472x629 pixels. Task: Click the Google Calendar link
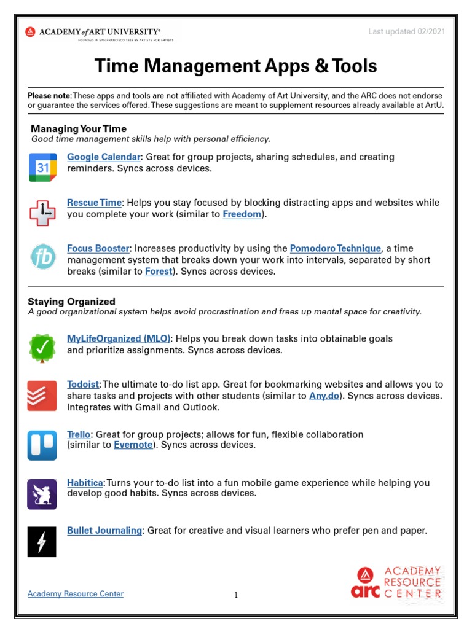tap(104, 157)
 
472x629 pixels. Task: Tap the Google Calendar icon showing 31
tap(42, 168)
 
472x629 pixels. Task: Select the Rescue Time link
tap(95, 203)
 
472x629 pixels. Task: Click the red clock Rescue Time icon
tap(42, 213)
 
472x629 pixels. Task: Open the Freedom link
tap(242, 214)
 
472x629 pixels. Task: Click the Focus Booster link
tap(98, 249)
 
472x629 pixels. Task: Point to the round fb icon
tap(42, 257)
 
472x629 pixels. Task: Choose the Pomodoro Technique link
tap(336, 249)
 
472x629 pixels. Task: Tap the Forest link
tap(159, 271)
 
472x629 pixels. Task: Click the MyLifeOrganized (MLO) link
tap(119, 338)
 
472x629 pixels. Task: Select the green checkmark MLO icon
tap(42, 348)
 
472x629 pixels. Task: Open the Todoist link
tap(83, 385)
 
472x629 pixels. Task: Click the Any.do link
tap(324, 396)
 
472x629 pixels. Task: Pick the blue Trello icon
tap(42, 445)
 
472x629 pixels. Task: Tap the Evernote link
tap(133, 445)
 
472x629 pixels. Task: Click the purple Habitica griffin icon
tap(42, 494)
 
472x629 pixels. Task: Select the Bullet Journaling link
tap(104, 531)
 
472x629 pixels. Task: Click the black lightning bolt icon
tap(42, 542)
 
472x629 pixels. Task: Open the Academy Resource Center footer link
tap(76, 594)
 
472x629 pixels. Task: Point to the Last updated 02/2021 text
tap(406, 32)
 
